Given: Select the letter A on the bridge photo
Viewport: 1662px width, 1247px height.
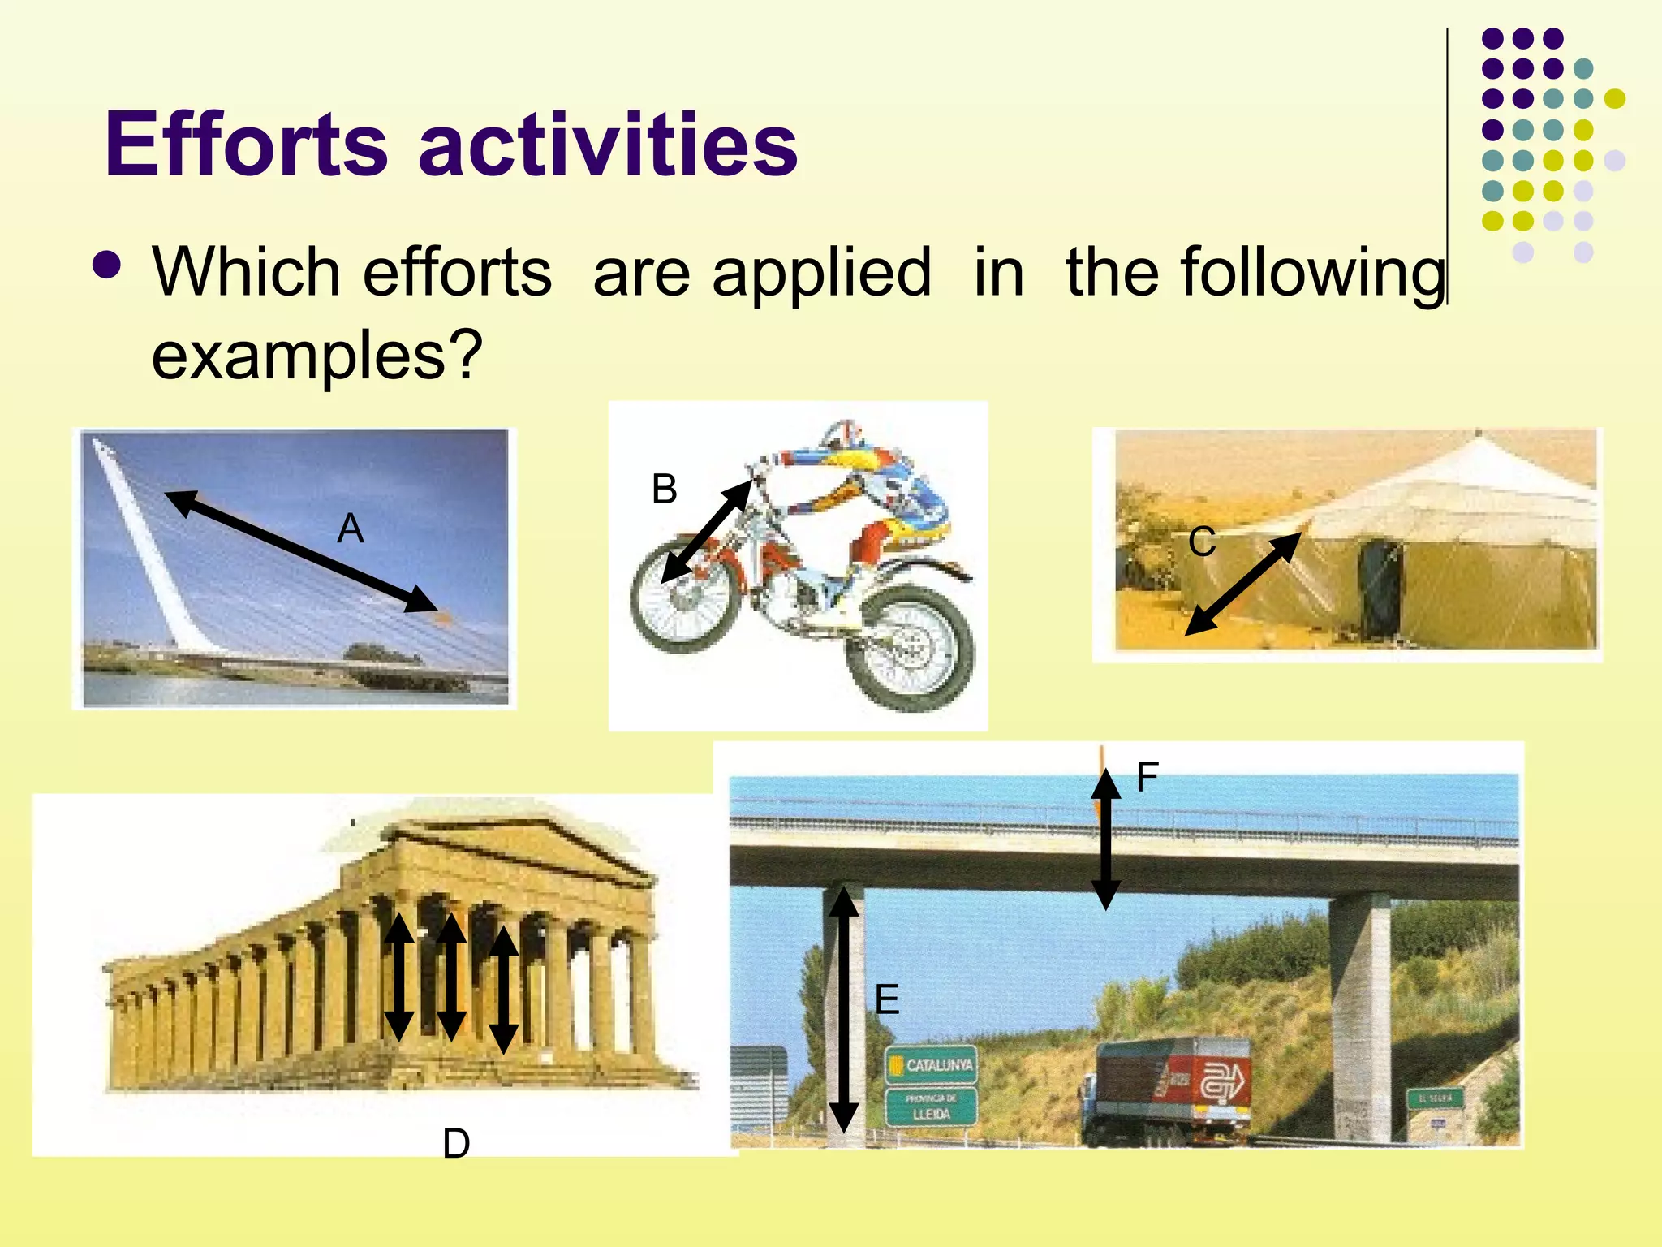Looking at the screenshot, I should [x=351, y=529].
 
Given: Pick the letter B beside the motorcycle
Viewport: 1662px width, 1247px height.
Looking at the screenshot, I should [x=664, y=490].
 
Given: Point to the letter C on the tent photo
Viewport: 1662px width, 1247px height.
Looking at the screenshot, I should [x=1202, y=542].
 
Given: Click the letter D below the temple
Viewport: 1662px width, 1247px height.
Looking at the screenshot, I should [x=456, y=1144].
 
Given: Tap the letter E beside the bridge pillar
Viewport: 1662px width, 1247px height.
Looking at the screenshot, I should [x=887, y=999].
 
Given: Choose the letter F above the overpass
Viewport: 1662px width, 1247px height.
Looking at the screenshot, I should [x=1147, y=777].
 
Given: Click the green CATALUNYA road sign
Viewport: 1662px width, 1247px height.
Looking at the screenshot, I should [x=931, y=1065].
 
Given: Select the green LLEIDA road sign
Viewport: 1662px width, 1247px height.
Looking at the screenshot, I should [x=931, y=1107].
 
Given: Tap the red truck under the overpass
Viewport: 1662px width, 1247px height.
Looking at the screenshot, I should [x=1169, y=1089].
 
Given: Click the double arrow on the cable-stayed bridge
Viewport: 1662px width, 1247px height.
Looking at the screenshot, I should [x=301, y=551].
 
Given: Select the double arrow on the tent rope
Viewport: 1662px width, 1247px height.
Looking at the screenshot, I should [x=1242, y=584].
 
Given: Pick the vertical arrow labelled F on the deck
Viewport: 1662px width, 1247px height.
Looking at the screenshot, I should [x=1105, y=839].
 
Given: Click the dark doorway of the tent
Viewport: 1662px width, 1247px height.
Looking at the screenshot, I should [x=1379, y=589].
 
